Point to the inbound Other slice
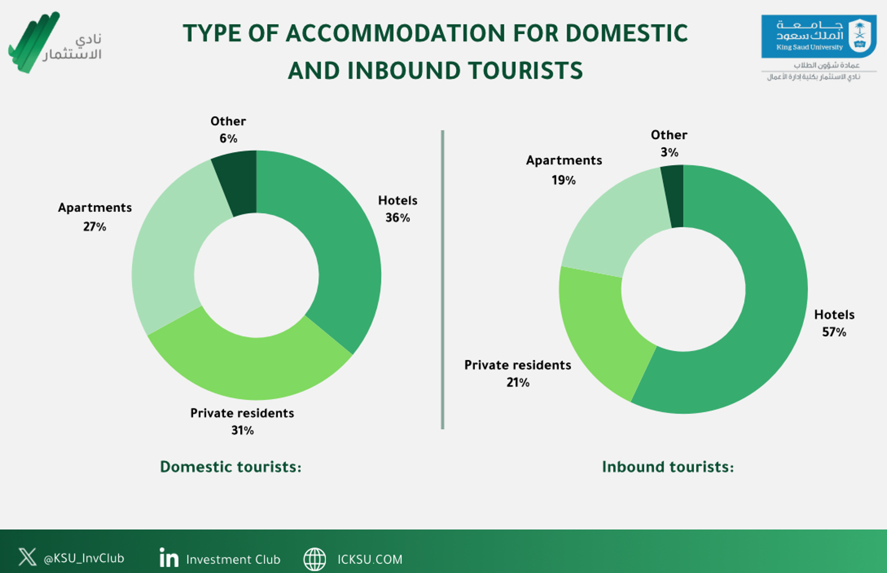[x=674, y=196]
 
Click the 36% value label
[x=398, y=218]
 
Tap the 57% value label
[x=834, y=332]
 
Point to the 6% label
[x=228, y=138]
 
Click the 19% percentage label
[x=564, y=180]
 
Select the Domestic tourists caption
[x=231, y=467]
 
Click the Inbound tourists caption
[x=668, y=467]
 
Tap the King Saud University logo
[x=819, y=37]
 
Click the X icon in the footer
[x=27, y=557]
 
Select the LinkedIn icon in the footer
[x=169, y=558]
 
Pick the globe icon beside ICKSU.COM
[x=315, y=559]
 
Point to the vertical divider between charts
[x=443, y=280]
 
